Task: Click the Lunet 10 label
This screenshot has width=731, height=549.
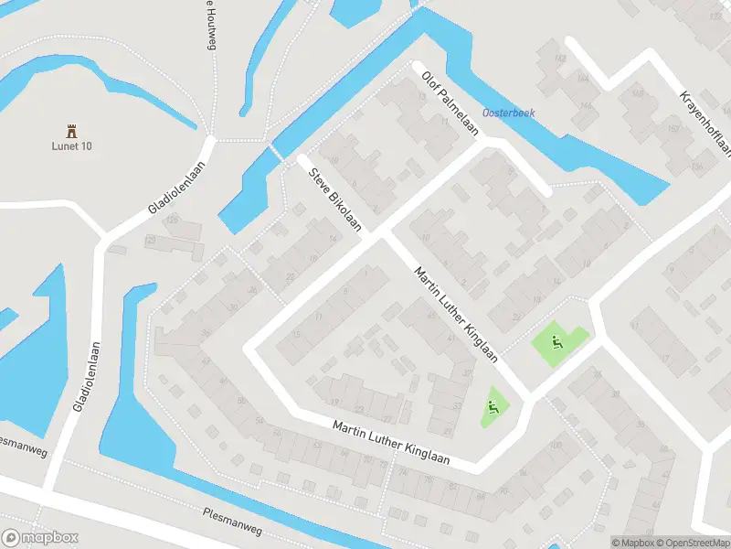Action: pyautogui.click(x=70, y=145)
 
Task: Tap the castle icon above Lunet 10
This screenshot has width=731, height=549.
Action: pyautogui.click(x=70, y=130)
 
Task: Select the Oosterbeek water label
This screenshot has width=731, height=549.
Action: pyautogui.click(x=508, y=113)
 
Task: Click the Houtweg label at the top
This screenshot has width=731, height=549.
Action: pyautogui.click(x=207, y=20)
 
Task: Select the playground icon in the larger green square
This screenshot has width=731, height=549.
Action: pyautogui.click(x=556, y=343)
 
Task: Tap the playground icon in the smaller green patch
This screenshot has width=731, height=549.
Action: pyautogui.click(x=494, y=406)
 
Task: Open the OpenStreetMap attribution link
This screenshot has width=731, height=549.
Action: pyautogui.click(x=686, y=543)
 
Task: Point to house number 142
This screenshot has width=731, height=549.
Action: pyautogui.click(x=559, y=59)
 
